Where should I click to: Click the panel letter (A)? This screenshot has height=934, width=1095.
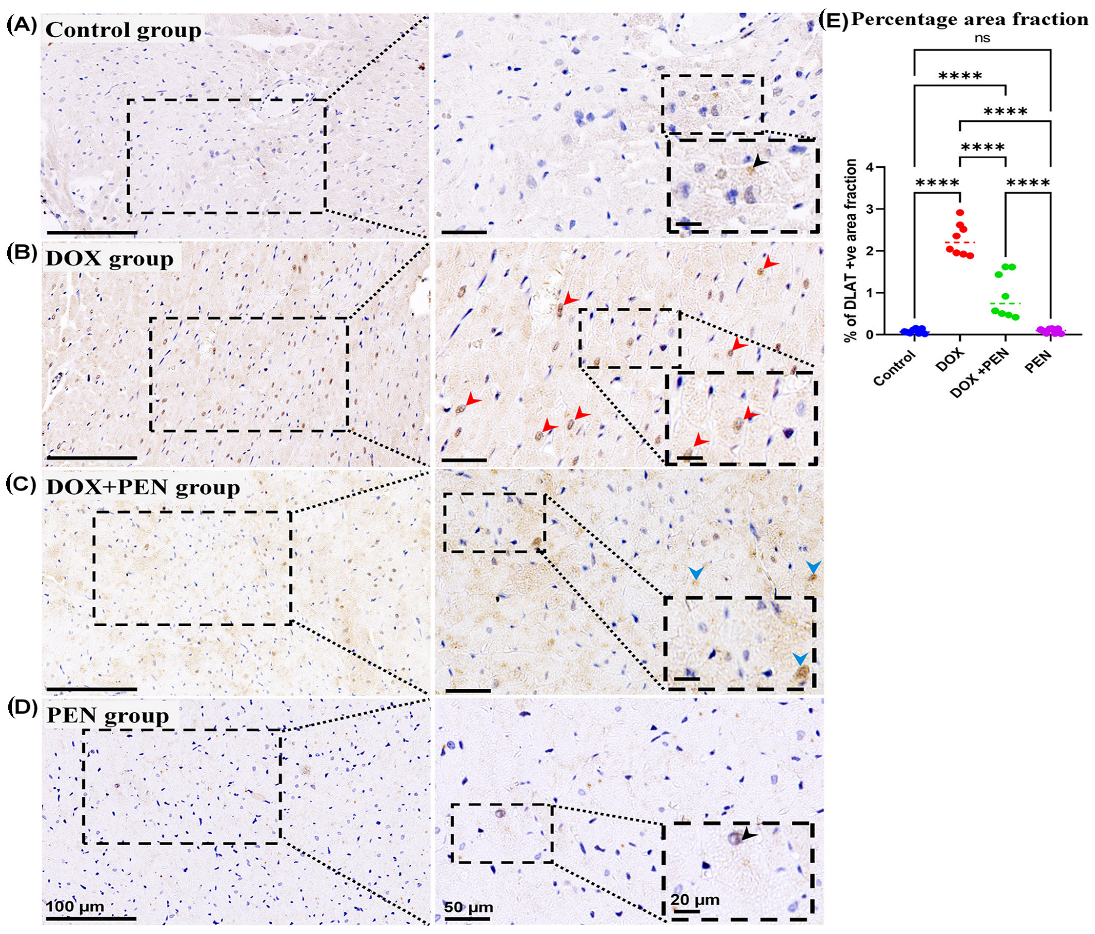tap(22, 26)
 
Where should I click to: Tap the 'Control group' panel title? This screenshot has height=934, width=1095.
tap(123, 30)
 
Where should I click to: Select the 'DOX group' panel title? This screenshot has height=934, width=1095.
tap(110, 259)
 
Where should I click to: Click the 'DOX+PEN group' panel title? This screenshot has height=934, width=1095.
tap(143, 487)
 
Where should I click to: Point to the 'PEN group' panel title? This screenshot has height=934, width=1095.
tap(108, 716)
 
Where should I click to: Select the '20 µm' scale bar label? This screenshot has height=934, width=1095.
tap(695, 899)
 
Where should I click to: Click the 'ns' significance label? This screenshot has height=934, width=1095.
tap(982, 39)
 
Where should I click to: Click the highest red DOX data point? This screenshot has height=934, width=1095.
tap(960, 212)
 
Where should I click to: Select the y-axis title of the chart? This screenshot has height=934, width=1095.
tap(850, 250)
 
